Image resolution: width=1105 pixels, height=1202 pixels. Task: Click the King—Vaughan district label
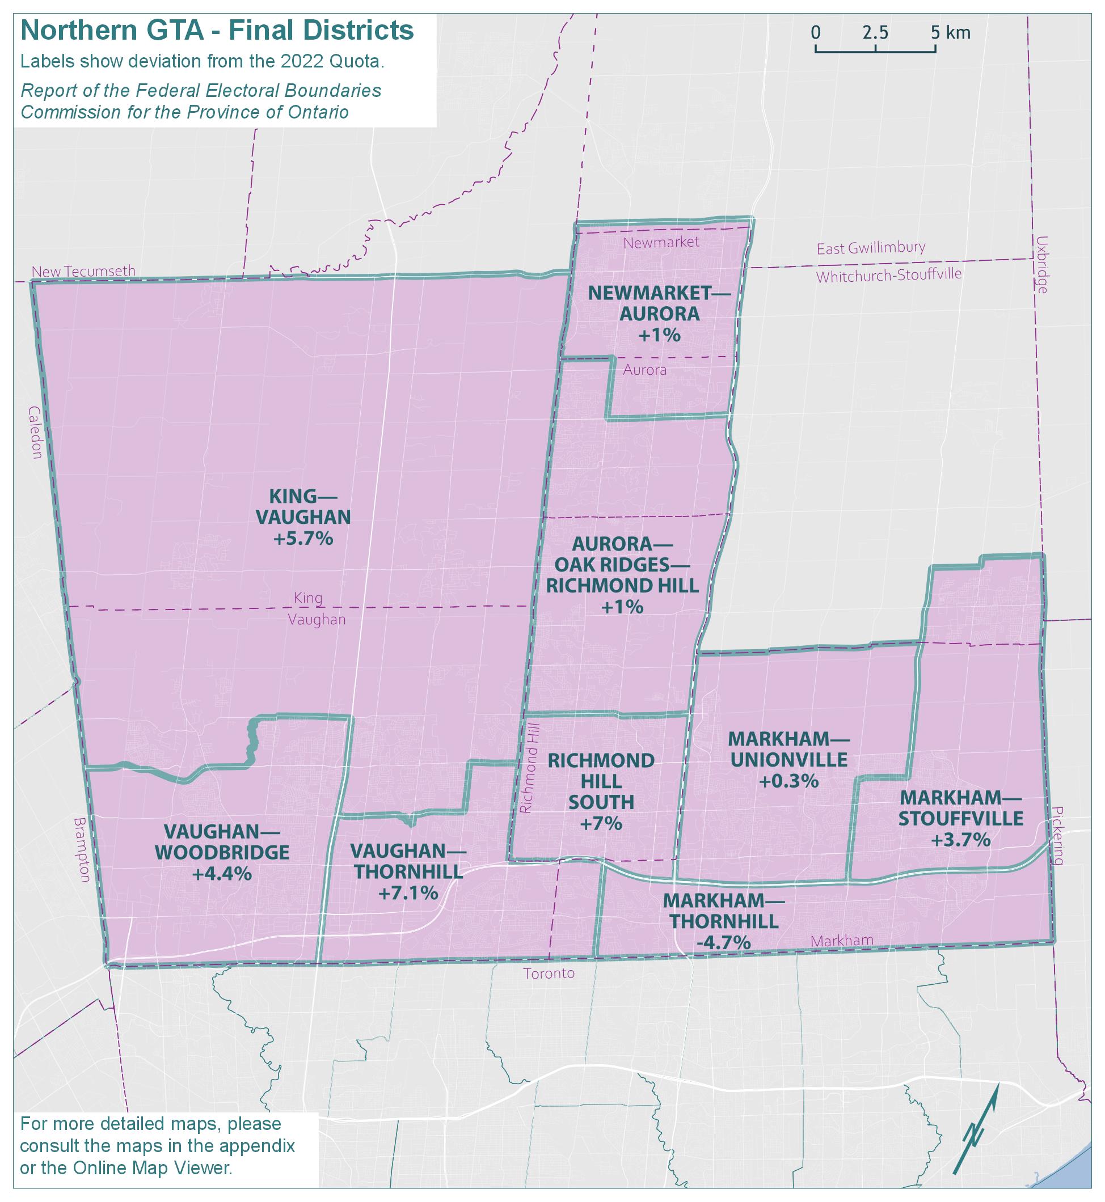pos(302,506)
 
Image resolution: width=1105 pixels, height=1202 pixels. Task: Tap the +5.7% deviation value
pos(302,539)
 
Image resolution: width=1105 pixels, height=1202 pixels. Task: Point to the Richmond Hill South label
pos(601,781)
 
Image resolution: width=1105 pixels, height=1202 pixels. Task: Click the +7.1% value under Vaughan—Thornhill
pos(408,892)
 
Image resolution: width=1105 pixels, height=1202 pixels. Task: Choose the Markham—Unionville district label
pos(788,749)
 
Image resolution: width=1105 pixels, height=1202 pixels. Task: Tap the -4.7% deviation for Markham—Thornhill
pos(723,942)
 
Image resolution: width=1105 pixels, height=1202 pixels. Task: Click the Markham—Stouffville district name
pos(960,807)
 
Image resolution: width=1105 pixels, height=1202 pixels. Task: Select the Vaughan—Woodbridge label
pos(222,841)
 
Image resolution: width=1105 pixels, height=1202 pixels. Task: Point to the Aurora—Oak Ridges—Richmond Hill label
pos(622,564)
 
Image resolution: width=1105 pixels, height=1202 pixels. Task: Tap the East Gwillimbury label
pos(871,247)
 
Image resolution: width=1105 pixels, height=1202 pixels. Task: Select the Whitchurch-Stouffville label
pos(888,276)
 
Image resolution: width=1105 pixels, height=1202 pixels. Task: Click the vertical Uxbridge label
pos(1042,264)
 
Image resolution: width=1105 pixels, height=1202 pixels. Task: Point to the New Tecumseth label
pos(83,272)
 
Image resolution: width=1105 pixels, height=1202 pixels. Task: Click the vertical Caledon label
pos(35,432)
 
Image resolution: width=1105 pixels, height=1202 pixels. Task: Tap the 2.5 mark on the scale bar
pos(875,33)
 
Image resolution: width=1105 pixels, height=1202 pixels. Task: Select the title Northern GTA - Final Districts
pos(217,31)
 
